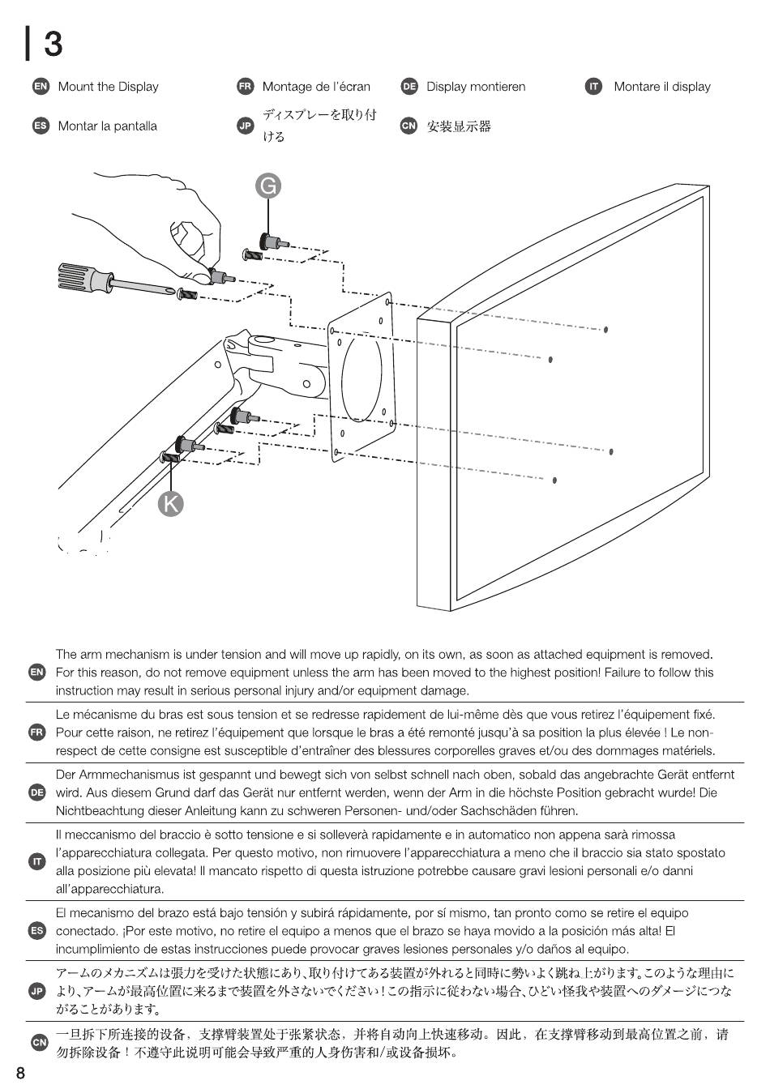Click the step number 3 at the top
pyautogui.click(x=53, y=44)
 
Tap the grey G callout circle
pyautogui.click(x=268, y=186)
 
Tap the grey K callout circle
pyautogui.click(x=171, y=503)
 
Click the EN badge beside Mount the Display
pyautogui.click(x=40, y=87)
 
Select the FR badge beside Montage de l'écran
pyautogui.click(x=245, y=87)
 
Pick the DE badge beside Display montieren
pyautogui.click(x=409, y=87)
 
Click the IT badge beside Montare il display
pyautogui.click(x=594, y=87)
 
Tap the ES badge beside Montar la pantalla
pyautogui.click(x=40, y=126)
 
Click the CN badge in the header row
pyautogui.click(x=409, y=126)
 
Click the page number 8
pyautogui.click(x=20, y=1074)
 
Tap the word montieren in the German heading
pyautogui.click(x=498, y=87)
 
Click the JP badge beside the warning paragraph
pyautogui.click(x=37, y=991)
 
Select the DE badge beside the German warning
pyautogui.click(x=37, y=792)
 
